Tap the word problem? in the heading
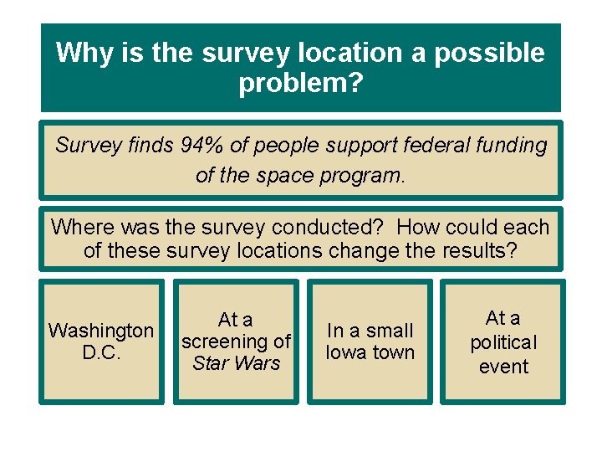tap(301, 84)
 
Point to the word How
tap(419, 228)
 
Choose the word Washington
tap(101, 331)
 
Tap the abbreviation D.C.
tap(101, 352)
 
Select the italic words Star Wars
tap(236, 363)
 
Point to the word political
tap(503, 342)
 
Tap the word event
tap(503, 366)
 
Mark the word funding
tap(513, 146)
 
